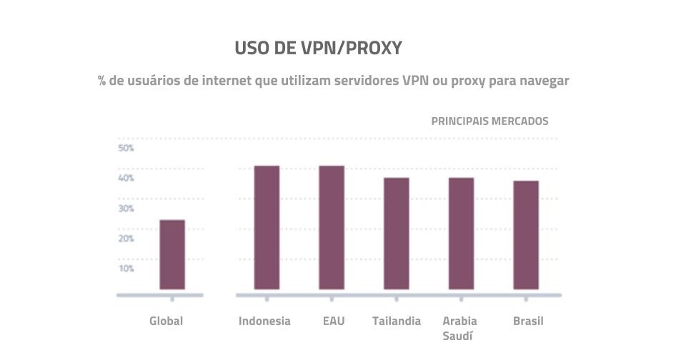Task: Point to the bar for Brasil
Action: pos(525,235)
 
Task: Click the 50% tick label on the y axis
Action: pos(126,149)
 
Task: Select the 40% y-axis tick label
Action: pos(126,179)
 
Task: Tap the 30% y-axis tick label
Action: pos(126,209)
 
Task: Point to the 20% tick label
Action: pos(126,239)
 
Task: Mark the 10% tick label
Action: pos(126,269)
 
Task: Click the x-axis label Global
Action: pos(166,321)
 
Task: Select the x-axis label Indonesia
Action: pos(264,321)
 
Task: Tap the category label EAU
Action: pos(333,321)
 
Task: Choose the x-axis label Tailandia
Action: pos(397,321)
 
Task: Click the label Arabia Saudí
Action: pos(459,329)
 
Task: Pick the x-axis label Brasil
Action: pos(528,321)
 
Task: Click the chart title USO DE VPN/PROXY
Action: pos(318,49)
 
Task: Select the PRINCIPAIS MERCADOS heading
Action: pos(489,121)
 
